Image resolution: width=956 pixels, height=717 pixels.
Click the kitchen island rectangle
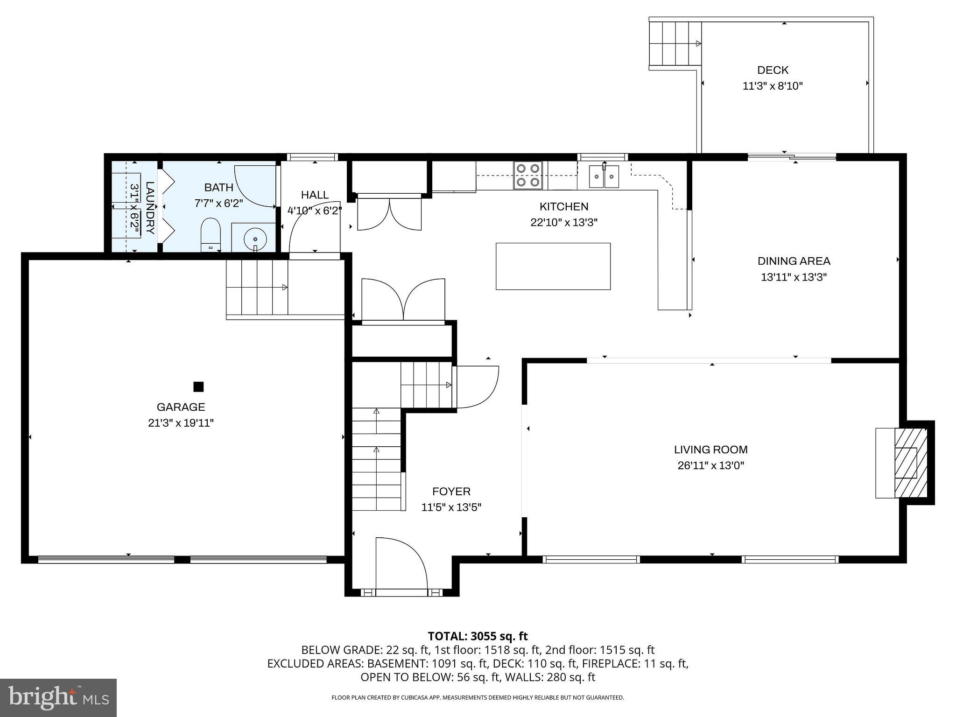point(553,266)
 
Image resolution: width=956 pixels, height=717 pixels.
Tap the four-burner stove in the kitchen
point(528,175)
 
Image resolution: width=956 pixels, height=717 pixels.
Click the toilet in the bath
point(210,235)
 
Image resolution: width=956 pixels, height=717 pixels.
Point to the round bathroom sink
point(255,238)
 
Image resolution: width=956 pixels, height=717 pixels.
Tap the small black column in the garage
point(198,387)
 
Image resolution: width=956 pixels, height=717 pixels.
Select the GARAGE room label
point(181,407)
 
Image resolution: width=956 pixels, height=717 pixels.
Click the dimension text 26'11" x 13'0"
point(710,465)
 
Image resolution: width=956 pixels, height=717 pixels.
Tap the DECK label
point(773,70)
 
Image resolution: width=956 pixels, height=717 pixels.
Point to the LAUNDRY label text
point(149,208)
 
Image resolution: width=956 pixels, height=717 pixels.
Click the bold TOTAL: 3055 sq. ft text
point(478,636)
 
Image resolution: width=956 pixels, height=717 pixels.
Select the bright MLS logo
point(58,697)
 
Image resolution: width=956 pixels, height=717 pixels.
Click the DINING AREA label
point(794,261)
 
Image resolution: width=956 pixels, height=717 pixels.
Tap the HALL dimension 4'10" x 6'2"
point(314,211)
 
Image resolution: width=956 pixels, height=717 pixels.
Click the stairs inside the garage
point(257,288)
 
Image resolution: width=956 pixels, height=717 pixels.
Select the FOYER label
point(451,491)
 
